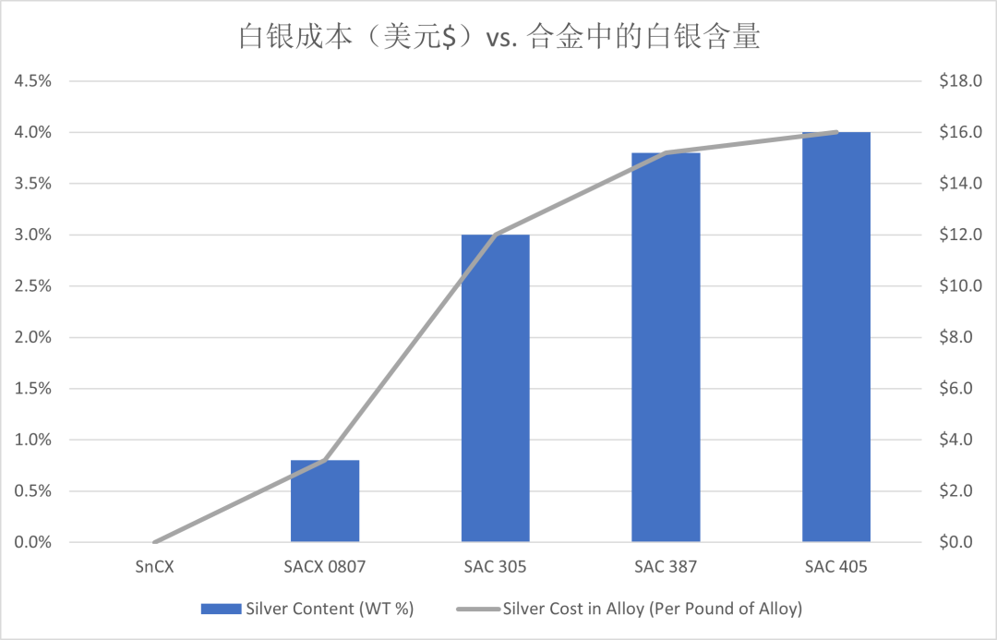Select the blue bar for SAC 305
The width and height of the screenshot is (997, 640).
[496, 388]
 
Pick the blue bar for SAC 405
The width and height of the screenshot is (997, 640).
[836, 337]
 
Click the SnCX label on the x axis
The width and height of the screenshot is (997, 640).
[154, 566]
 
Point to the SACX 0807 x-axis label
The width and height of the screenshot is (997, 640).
[325, 566]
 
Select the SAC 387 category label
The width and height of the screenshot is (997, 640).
[666, 566]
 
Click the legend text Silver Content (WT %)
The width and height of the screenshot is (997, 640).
[330, 609]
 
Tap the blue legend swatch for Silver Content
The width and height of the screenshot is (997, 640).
[221, 609]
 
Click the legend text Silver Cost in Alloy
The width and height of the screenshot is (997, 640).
[653, 609]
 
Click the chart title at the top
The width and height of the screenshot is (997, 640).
[498, 36]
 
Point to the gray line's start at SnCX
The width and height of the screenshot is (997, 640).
[154, 542]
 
